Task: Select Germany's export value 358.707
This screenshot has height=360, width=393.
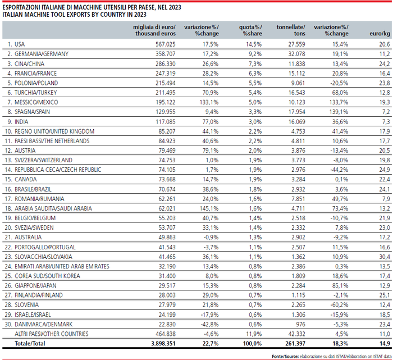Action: (166, 54)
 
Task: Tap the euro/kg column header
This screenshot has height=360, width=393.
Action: (380, 34)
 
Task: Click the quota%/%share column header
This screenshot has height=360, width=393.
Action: (250, 30)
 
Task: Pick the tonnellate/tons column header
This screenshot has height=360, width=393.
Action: (291, 30)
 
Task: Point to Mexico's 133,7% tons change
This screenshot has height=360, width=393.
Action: (339, 102)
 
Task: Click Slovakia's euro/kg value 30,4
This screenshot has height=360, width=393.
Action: (385, 257)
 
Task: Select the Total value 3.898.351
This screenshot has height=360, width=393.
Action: (163, 344)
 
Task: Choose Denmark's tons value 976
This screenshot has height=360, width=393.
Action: (300, 324)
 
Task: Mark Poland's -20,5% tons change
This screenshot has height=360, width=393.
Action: (339, 83)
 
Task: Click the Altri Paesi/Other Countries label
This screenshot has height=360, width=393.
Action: (52, 334)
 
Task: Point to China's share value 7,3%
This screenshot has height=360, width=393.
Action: (255, 63)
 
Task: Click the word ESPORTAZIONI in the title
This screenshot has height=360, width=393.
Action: (21, 7)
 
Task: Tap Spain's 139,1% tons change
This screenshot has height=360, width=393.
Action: (339, 112)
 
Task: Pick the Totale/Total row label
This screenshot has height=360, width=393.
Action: (30, 344)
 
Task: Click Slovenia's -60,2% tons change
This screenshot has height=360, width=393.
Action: (339, 305)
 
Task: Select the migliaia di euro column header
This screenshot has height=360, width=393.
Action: (154, 30)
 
